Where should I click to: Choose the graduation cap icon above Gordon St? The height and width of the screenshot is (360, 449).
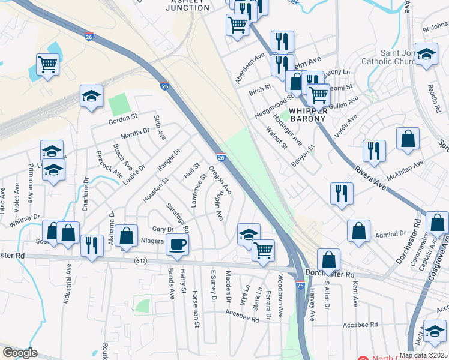[x=91, y=95]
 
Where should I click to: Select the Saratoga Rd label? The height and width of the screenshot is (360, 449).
[x=178, y=217]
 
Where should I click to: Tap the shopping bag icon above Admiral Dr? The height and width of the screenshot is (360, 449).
[x=359, y=230]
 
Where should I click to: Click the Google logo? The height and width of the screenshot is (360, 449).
[x=20, y=353]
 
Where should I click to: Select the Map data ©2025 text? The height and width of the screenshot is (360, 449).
[x=423, y=355]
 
